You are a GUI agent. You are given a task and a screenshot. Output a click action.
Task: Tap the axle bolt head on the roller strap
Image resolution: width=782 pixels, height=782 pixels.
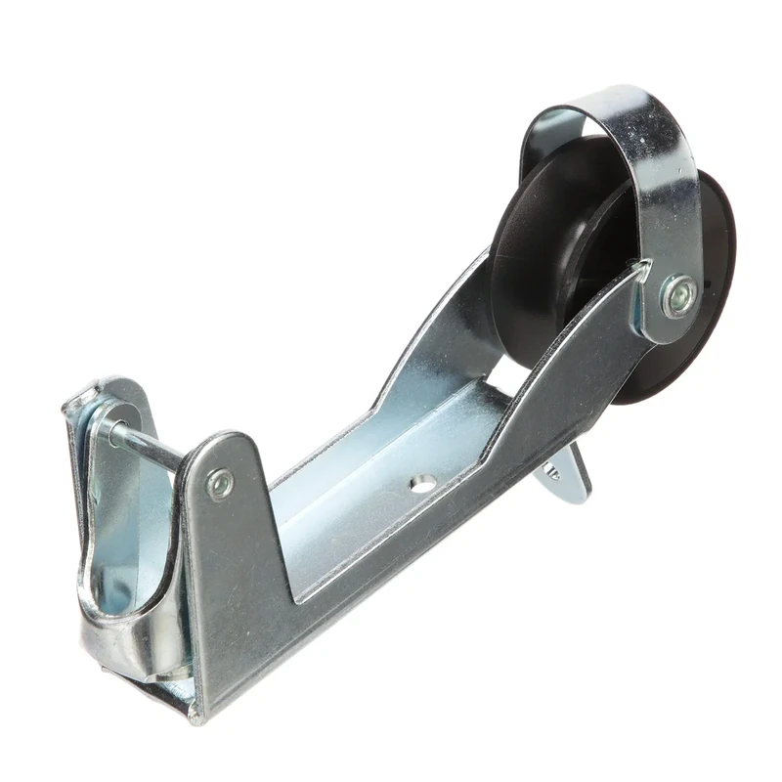coord(677,295)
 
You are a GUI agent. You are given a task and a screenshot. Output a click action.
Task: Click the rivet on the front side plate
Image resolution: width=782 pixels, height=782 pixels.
coord(220,484)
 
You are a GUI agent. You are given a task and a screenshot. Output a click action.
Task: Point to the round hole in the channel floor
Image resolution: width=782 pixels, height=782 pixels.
coord(422,482)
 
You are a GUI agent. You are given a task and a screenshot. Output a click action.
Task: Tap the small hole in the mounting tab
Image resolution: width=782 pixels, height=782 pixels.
coord(555,473)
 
